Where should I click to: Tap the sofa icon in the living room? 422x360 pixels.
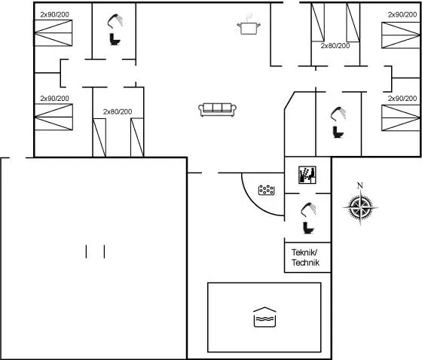pos(218,109)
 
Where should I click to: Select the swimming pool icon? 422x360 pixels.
pos(265,317)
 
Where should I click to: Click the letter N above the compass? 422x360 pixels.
pos(360,185)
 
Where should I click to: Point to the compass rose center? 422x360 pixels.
pos(360,207)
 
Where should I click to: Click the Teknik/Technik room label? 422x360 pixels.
pos(305,258)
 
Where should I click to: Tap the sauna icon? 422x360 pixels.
pos(307,175)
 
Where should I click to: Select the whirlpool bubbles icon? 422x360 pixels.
pos(267,190)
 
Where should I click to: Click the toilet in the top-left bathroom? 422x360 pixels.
pos(115,39)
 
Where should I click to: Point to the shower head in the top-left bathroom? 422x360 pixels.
pos(115,21)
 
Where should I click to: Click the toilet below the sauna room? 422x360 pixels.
pos(308,227)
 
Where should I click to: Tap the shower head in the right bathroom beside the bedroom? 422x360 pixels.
pos(338,114)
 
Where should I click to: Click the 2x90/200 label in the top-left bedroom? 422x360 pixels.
pos(54,14)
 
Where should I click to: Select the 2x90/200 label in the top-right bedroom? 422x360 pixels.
pos(402,14)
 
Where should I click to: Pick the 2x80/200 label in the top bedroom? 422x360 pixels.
pos(335,46)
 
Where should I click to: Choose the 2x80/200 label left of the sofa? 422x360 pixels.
pos(118,111)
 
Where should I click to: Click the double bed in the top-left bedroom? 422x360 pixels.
pos(54,33)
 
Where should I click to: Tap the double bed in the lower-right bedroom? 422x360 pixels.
pos(401,117)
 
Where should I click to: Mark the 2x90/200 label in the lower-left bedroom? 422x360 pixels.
pos(54,99)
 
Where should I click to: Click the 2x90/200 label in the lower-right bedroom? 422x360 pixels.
pos(402,99)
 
